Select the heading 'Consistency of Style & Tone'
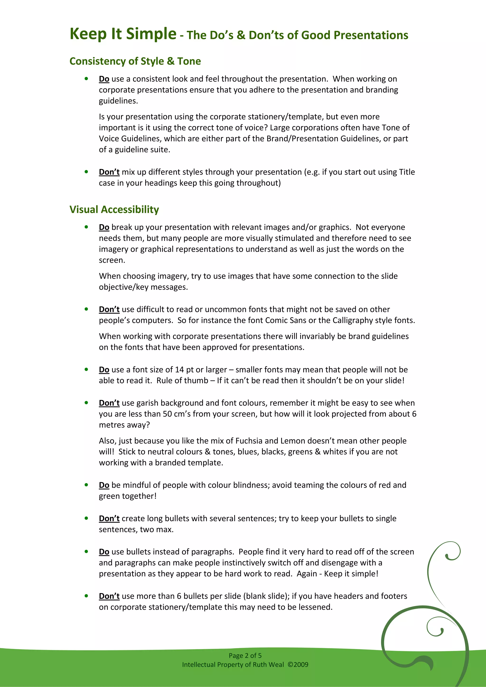tap(135, 61)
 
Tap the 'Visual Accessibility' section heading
tap(114, 210)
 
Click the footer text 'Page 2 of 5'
tap(245, 655)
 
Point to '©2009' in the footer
tap(298, 664)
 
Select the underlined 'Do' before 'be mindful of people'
tap(104, 485)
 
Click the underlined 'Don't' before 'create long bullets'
tap(109, 518)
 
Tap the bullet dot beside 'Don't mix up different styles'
tap(86, 172)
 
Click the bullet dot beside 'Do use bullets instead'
tap(86, 551)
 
